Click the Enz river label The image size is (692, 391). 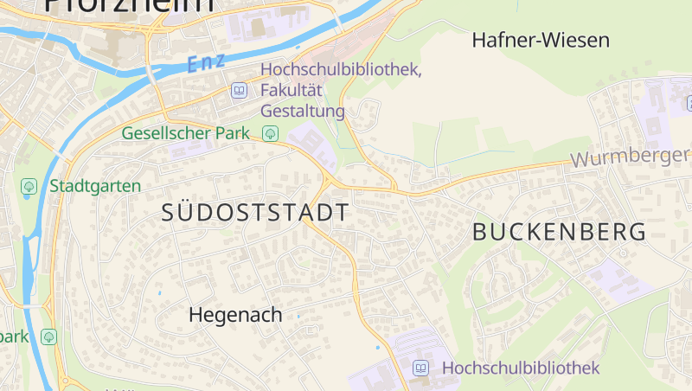pyautogui.click(x=206, y=61)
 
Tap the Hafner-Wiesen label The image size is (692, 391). pyautogui.click(x=541, y=40)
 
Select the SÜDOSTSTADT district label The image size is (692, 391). pyautogui.click(x=256, y=213)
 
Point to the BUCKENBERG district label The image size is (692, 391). pyautogui.click(x=560, y=232)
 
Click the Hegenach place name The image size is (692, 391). pyautogui.click(x=235, y=316)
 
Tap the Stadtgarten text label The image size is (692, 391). pyautogui.click(x=95, y=186)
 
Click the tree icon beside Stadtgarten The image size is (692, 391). pyautogui.click(x=29, y=186)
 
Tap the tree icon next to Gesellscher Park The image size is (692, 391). pyautogui.click(x=271, y=133)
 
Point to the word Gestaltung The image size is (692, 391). pyautogui.click(x=303, y=112)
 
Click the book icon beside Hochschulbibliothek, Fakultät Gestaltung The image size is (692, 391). pyautogui.click(x=239, y=90)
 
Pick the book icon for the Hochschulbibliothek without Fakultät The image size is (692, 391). pyautogui.click(x=421, y=368)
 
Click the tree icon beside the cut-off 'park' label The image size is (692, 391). pyautogui.click(x=49, y=336)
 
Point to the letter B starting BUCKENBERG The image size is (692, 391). pyautogui.click(x=481, y=232)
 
